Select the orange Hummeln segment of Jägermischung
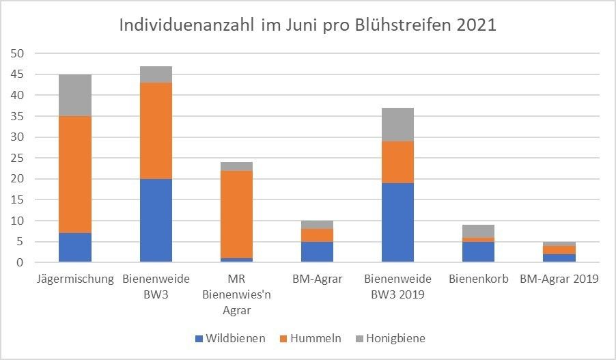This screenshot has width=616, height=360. tap(75, 174)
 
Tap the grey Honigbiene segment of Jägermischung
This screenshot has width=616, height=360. tap(75, 95)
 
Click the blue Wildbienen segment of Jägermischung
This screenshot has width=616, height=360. tap(75, 247)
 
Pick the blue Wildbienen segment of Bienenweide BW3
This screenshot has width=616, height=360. tap(156, 220)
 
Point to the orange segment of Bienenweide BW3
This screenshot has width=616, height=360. tap(156, 130)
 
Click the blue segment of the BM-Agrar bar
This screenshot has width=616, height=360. tap(317, 251)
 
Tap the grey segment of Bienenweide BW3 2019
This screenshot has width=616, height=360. tap(397, 124)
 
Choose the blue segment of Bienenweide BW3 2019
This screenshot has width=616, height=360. tap(397, 222)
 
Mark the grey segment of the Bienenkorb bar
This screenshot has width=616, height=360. tap(478, 231)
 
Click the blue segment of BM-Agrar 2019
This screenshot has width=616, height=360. tap(559, 258)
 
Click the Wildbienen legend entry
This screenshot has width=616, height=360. tap(230, 338)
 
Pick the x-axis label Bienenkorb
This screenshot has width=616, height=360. tap(478, 279)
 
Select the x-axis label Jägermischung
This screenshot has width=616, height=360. tap(75, 279)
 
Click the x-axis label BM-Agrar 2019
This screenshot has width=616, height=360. tap(559, 279)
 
